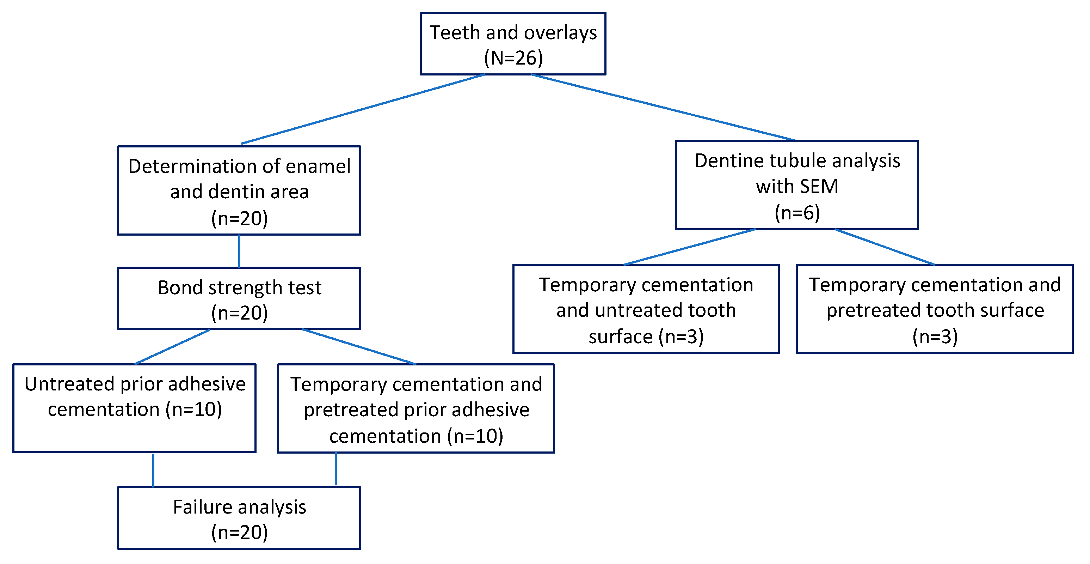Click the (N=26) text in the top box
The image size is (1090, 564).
(513, 58)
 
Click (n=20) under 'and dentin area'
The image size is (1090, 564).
(240, 218)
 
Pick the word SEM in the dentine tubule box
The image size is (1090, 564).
(818, 187)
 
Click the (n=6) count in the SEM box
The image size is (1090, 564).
(797, 213)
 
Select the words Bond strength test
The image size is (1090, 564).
(240, 288)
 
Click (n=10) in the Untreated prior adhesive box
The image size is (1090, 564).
(194, 410)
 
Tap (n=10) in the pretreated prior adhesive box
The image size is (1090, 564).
(476, 436)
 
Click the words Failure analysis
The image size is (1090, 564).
(240, 507)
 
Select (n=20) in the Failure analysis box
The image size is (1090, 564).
(240, 533)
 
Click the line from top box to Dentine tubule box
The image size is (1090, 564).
(664, 108)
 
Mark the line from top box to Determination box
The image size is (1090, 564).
(363, 109)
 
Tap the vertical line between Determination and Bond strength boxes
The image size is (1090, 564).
(240, 251)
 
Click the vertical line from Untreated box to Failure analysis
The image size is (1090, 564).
(153, 470)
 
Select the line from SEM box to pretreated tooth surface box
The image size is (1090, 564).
(884, 247)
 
